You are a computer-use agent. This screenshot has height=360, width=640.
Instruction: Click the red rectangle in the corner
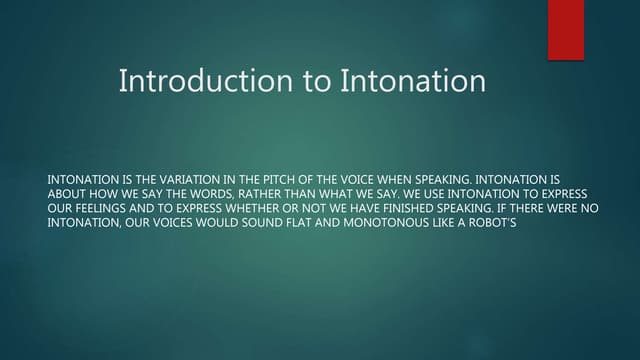pos(565,29)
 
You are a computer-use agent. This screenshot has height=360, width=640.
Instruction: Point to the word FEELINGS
pos(106,208)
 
